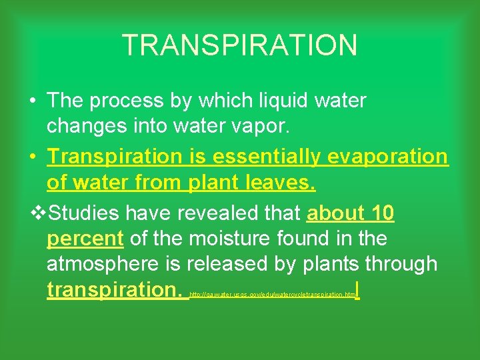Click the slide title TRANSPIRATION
240,45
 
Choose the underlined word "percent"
85,239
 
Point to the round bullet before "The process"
32,101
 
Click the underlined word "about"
334,213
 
